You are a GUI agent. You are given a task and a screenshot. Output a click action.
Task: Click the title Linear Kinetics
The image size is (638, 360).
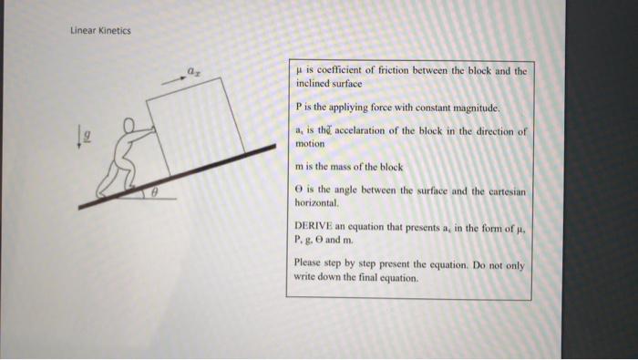[100, 30]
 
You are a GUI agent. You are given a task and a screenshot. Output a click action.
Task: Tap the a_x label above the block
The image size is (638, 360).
[193, 68]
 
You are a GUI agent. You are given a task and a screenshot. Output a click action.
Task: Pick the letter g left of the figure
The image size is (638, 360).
[87, 134]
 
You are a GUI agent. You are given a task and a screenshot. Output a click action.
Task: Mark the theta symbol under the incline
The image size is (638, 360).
[155, 191]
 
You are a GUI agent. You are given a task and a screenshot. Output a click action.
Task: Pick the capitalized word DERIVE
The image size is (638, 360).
[314, 225]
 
